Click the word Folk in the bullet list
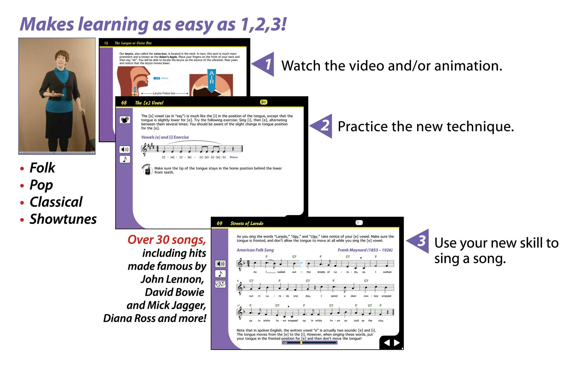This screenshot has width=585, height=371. point(42,168)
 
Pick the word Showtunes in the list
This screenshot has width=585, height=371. point(63,219)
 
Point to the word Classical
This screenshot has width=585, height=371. point(56,202)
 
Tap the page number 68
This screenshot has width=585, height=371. point(124,103)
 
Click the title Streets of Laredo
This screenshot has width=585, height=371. point(247,223)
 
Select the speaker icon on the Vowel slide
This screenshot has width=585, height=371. point(125,150)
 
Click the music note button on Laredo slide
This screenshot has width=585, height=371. point(220,274)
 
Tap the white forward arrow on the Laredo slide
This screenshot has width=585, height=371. point(397,343)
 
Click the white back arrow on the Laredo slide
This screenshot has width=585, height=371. point(386,343)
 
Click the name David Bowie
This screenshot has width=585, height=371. point(175,292)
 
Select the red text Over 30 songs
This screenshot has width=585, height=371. point(167,240)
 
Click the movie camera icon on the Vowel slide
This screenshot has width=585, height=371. point(125,120)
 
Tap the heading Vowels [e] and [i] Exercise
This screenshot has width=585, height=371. point(165,137)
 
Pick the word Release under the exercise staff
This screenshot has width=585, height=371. point(234,157)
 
